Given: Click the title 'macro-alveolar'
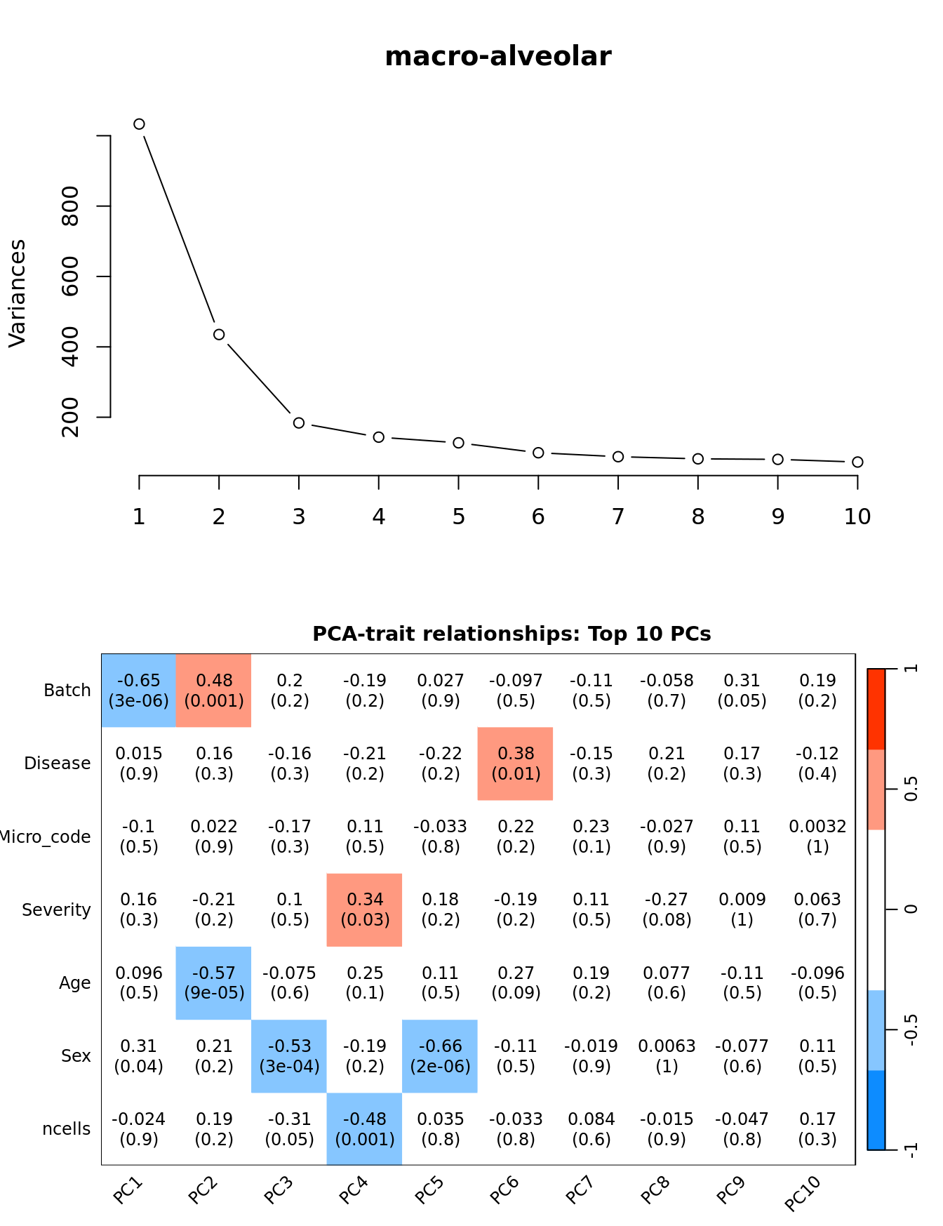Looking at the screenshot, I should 497,57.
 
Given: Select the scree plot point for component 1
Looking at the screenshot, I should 139,124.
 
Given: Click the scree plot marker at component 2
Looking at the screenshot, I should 219,335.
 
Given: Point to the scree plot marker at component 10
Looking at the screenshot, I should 857,462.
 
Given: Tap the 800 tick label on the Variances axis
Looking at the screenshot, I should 71,206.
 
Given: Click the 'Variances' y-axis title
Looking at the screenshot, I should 18,293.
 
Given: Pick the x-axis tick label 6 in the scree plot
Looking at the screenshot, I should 538,517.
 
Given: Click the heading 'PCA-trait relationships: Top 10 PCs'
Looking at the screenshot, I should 511,634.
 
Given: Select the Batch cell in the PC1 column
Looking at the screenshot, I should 139,691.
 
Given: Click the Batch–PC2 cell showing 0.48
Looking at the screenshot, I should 214,691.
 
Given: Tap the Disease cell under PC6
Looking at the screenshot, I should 516,764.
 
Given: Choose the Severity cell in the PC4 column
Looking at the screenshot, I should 365,909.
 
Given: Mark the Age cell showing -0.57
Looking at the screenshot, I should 214,982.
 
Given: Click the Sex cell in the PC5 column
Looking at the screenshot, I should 440,1056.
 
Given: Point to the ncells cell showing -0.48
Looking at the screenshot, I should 365,1129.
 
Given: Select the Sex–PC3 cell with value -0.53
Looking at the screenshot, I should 289,1056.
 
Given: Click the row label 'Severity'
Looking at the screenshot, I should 56,910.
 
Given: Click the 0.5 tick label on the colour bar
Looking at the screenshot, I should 911,789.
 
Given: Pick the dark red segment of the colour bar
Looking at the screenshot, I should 876,709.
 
